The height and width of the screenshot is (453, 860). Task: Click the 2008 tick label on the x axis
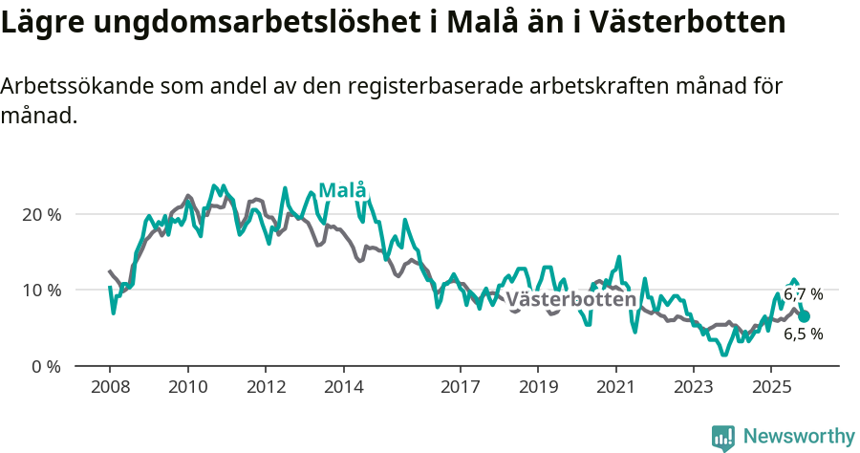click(110, 388)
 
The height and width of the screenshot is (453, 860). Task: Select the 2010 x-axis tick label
click(188, 388)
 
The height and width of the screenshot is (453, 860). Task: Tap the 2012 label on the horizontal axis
click(266, 388)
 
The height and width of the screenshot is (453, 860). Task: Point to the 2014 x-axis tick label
click(344, 388)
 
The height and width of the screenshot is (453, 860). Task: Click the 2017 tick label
click(460, 388)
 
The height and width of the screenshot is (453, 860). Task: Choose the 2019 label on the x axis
click(538, 388)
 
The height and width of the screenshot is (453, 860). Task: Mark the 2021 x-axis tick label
click(615, 388)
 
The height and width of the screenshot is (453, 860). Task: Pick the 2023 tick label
click(694, 388)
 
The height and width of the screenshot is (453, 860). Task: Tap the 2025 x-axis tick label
click(771, 388)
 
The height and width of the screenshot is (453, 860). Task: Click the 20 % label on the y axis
click(42, 214)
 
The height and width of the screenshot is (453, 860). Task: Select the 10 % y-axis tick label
click(42, 290)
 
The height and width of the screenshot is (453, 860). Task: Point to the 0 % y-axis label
click(46, 366)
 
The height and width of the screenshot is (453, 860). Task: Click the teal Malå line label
click(342, 190)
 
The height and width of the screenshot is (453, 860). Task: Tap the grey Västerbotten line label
click(570, 300)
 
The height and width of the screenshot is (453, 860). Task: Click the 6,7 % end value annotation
click(803, 294)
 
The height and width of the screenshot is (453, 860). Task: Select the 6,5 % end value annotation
click(803, 334)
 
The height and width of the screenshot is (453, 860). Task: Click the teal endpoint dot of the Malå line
click(805, 316)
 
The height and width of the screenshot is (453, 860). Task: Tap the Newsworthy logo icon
click(723, 438)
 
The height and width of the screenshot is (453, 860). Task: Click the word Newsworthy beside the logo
click(799, 437)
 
